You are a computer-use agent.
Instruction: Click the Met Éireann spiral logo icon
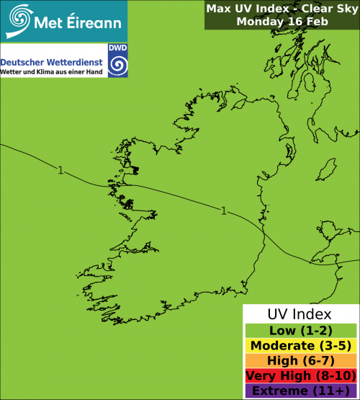tap(21, 19)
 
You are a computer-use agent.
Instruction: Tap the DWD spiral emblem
tap(117, 63)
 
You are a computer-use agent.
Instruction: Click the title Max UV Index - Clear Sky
tap(282, 9)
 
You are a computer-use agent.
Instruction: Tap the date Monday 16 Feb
tap(282, 22)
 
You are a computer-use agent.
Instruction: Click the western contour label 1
tap(60, 170)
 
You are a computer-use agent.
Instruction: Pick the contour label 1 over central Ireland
tap(223, 210)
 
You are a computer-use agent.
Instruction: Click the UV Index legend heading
tap(300, 314)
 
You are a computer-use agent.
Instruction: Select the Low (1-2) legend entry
tap(300, 330)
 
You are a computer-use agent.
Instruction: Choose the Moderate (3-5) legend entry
tap(300, 345)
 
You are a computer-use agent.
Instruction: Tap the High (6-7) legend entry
tap(300, 360)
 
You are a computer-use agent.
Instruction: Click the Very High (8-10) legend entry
tap(300, 375)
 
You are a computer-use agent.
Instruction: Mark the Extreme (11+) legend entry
tap(300, 391)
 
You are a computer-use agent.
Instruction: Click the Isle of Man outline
tap(328, 171)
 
